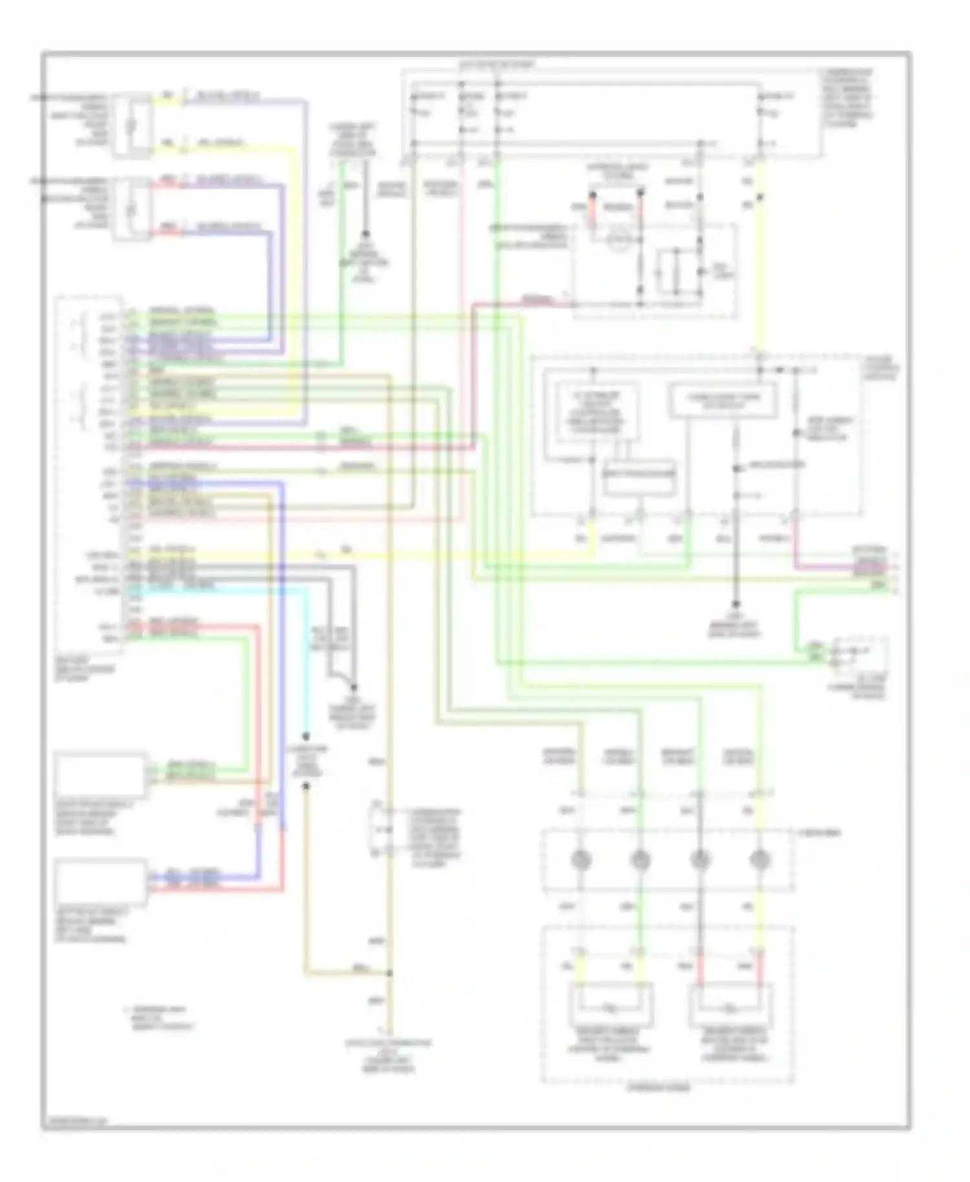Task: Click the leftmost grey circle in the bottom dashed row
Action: (581, 860)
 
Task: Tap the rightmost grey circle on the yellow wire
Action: (758, 860)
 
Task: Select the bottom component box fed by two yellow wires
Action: (610, 1006)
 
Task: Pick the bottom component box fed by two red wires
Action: (731, 1006)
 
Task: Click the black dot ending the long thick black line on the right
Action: (735, 604)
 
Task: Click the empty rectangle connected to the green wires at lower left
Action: (100, 774)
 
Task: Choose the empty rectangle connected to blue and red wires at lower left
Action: (100, 881)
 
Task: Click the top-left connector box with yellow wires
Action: (132, 125)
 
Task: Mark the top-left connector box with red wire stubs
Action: (132, 209)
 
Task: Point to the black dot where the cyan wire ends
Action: (306, 736)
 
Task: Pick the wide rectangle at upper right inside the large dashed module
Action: (723, 402)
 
